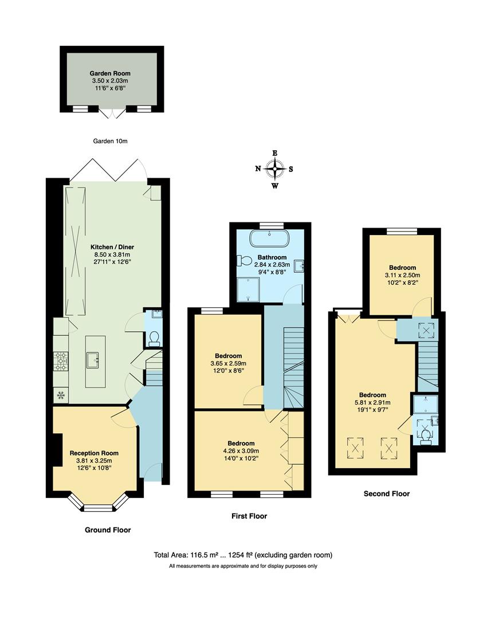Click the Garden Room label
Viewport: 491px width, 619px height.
[x=109, y=73]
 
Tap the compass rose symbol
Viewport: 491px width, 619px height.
[x=276, y=169]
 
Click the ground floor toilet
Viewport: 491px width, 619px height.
[x=154, y=339]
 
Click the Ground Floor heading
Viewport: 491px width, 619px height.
[x=108, y=530]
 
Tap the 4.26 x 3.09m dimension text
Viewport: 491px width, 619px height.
[x=241, y=451]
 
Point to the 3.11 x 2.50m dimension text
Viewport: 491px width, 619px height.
[x=402, y=275]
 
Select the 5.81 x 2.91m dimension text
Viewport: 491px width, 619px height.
[x=372, y=402]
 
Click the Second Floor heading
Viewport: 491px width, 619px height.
[x=387, y=493]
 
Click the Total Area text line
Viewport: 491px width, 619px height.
[x=243, y=555]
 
